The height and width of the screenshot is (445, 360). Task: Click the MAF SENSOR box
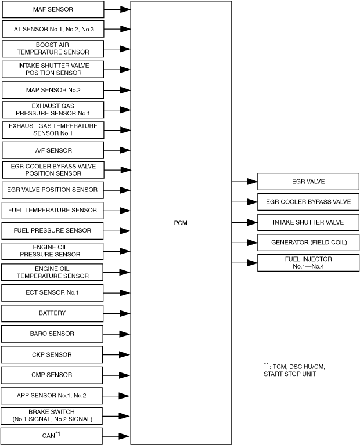click(x=53, y=10)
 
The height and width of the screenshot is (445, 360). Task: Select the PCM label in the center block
click(x=181, y=222)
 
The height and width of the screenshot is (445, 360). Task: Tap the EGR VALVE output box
click(x=308, y=182)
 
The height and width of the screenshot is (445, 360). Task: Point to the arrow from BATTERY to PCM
click(x=117, y=313)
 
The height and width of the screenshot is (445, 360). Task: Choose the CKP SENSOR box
click(x=53, y=354)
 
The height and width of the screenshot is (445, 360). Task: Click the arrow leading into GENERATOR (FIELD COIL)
click(x=244, y=242)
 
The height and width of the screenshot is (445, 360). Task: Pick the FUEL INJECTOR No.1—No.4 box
click(x=308, y=262)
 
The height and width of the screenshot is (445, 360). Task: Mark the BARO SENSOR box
click(x=53, y=334)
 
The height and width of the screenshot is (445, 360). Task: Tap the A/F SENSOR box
click(x=53, y=150)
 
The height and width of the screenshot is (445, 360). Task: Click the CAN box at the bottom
click(x=53, y=436)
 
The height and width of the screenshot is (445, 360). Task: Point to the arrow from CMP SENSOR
click(x=117, y=375)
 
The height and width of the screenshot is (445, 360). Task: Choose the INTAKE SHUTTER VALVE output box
click(x=308, y=222)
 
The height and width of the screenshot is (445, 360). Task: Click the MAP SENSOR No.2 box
click(x=53, y=91)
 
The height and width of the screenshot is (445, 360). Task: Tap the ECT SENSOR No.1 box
click(x=53, y=292)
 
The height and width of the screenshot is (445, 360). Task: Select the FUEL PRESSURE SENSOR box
click(x=53, y=231)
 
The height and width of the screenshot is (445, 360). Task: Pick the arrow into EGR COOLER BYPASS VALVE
click(x=244, y=202)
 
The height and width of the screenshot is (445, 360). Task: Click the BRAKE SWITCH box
click(x=53, y=415)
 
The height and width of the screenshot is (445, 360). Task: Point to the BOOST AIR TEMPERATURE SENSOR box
click(x=53, y=48)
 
